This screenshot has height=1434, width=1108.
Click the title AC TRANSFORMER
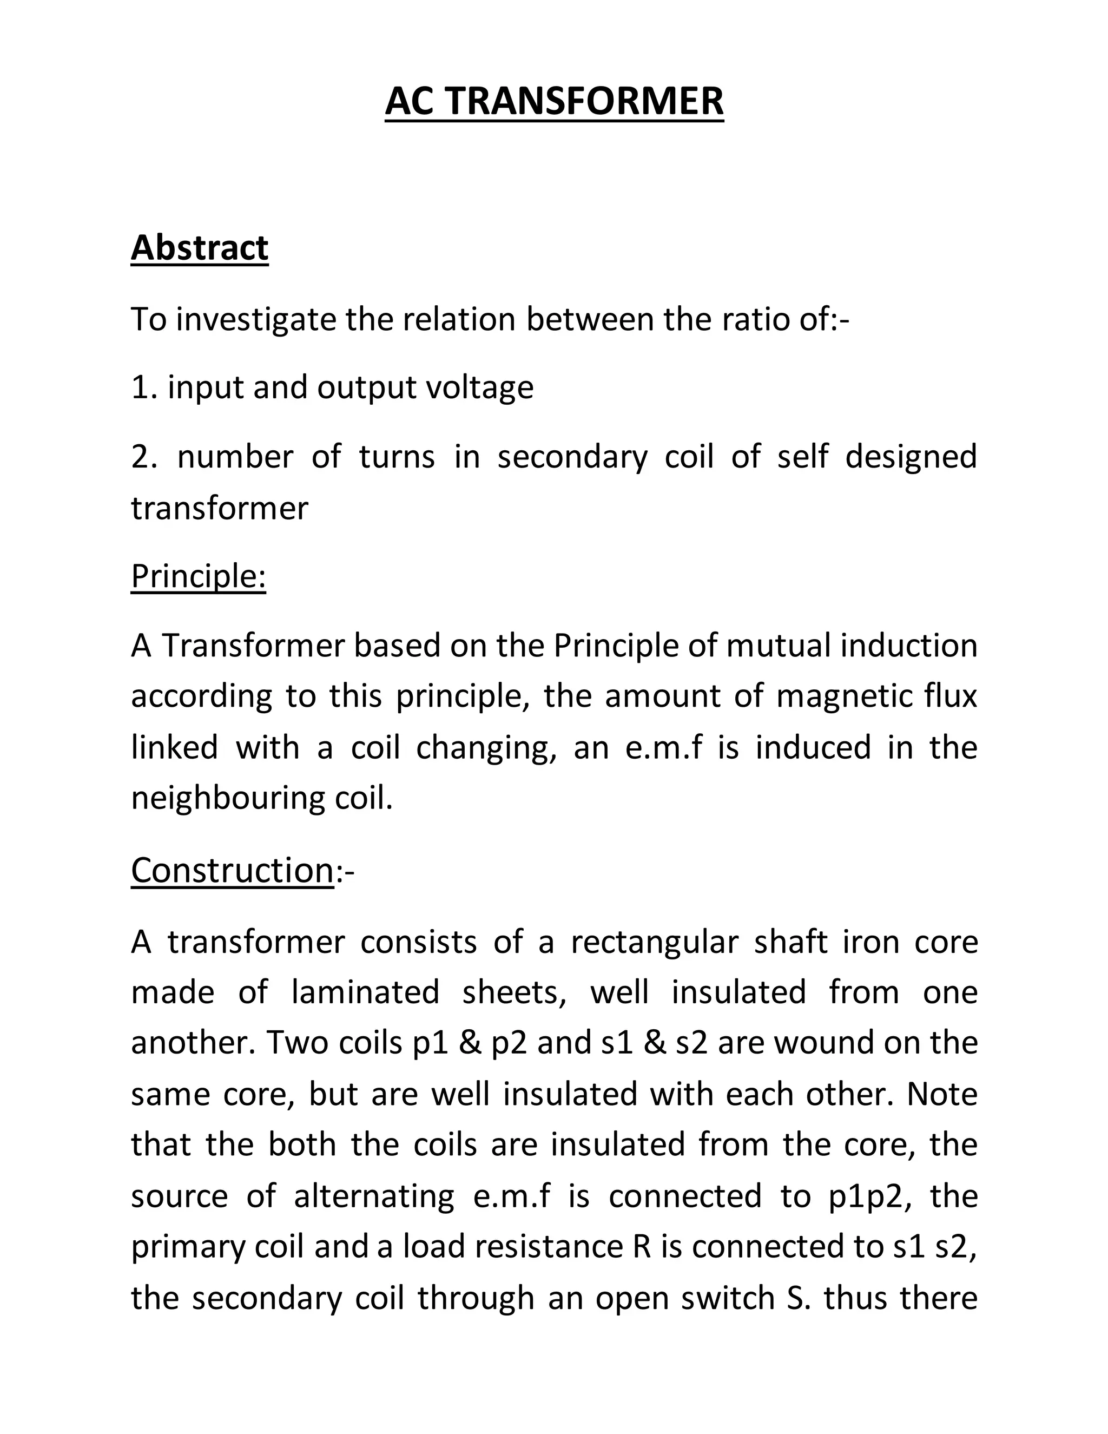[554, 102]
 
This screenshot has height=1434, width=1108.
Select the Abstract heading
[200, 248]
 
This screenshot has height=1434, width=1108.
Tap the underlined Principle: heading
[198, 576]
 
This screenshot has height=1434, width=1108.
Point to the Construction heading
[232, 870]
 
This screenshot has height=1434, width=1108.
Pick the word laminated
[366, 992]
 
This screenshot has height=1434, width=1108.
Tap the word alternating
[374, 1196]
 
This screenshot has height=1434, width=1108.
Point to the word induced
[813, 748]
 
